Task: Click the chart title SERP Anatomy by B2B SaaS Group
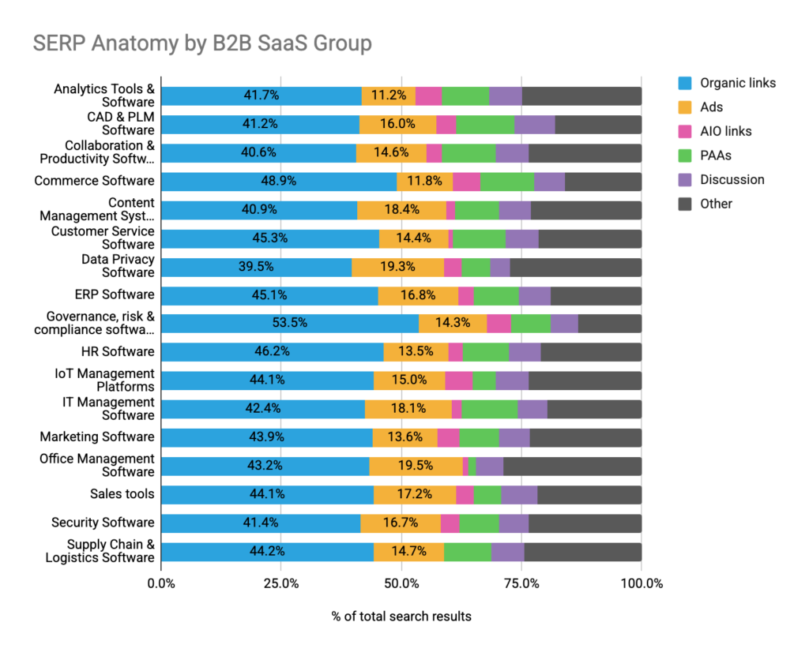(202, 43)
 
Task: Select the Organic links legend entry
(737, 83)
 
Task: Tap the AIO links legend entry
(725, 131)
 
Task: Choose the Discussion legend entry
(732, 179)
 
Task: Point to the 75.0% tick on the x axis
(521, 584)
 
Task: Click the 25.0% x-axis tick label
(280, 584)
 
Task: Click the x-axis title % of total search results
(401, 616)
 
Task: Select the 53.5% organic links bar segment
(289, 323)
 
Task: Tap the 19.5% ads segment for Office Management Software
(416, 466)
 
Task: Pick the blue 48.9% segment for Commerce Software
(278, 181)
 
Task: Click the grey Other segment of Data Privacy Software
(575, 267)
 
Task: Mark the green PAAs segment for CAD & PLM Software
(485, 124)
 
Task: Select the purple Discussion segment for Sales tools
(518, 494)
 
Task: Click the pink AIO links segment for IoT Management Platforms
(458, 380)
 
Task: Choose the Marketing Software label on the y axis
(97, 437)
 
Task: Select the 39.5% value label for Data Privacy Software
(256, 267)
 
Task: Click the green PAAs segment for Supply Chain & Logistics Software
(467, 552)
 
